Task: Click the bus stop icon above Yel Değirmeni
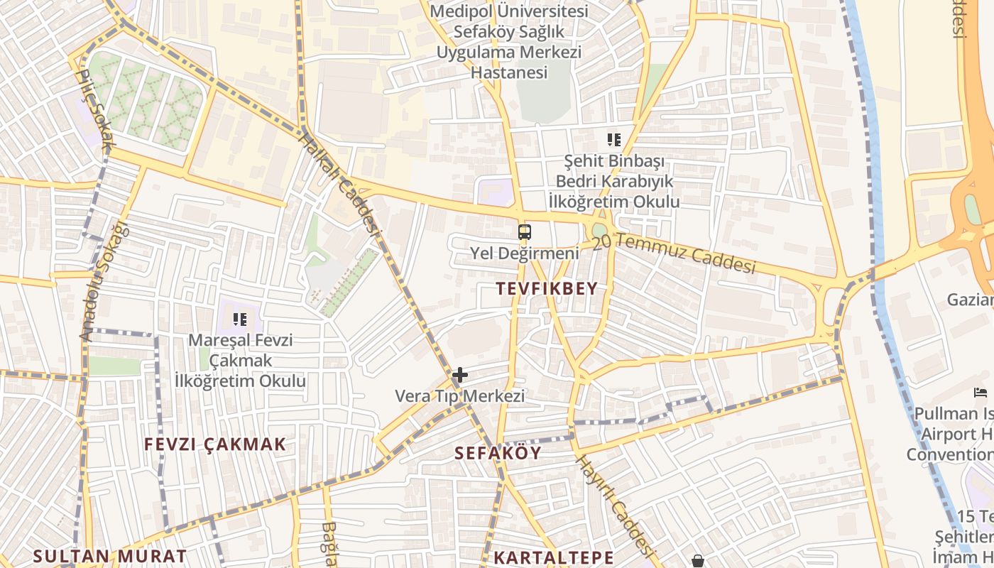(524, 232)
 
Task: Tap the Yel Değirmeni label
(524, 253)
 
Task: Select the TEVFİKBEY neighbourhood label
(547, 288)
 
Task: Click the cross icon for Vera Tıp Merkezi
(460, 374)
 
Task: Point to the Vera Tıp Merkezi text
(459, 395)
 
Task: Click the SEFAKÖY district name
(498, 452)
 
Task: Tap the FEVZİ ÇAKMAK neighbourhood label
(215, 444)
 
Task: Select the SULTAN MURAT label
(110, 555)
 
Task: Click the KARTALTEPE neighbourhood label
(554, 557)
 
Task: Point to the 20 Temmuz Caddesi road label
(673, 253)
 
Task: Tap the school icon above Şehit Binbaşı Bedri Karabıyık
(613, 140)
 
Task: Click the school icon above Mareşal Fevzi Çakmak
(240, 319)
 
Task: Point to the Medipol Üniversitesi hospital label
(509, 42)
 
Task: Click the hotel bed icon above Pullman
(981, 392)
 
